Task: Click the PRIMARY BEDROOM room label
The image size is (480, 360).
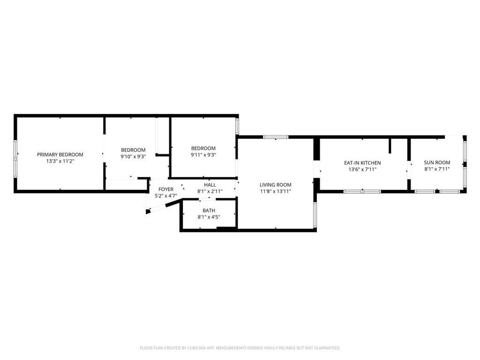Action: [60, 155]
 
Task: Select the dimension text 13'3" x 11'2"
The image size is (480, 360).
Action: [60, 161]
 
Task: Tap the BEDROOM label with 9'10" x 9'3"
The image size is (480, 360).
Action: [133, 150]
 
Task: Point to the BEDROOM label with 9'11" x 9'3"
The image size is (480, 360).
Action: [203, 148]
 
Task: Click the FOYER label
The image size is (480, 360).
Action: [165, 189]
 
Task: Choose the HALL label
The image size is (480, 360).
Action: [210, 185]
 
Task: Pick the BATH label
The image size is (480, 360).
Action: [209, 210]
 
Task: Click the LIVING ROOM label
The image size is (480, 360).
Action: [276, 185]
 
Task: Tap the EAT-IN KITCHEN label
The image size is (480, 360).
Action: [362, 163]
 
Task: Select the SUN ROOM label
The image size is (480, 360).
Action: [437, 162]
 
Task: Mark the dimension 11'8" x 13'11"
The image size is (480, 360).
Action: [276, 191]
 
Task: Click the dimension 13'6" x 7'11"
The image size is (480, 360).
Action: [362, 169]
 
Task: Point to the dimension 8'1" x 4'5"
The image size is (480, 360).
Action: [209, 217]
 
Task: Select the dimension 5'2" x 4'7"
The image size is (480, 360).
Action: [165, 196]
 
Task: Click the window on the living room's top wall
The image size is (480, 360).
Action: [276, 137]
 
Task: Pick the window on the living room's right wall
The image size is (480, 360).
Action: [315, 210]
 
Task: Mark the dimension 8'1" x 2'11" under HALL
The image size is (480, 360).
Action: [210, 191]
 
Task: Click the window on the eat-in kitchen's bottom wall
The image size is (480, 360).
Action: [362, 191]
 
